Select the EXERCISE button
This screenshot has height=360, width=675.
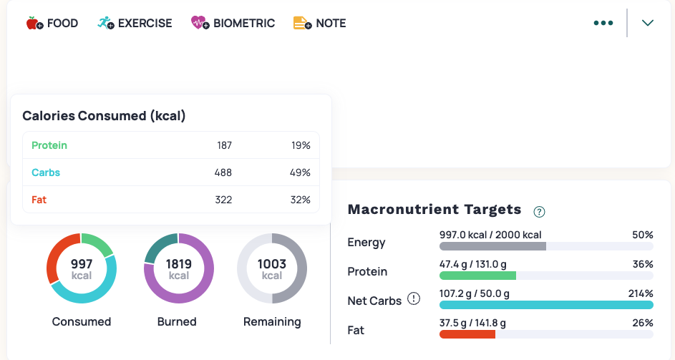(x=135, y=23)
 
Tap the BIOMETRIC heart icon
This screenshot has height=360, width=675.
(x=198, y=23)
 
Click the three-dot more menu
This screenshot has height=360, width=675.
(x=603, y=23)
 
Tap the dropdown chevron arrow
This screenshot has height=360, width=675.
(x=648, y=23)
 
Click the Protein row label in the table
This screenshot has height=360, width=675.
(x=49, y=145)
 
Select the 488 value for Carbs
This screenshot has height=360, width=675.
(x=223, y=172)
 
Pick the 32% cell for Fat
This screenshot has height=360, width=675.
(x=301, y=200)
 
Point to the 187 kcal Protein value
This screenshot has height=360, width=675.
(x=224, y=145)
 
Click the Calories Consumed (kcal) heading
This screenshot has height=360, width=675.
(x=104, y=116)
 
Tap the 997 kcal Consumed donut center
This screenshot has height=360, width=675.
(x=82, y=269)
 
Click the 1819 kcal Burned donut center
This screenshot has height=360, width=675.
(x=179, y=269)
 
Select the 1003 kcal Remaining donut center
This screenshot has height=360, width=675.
(x=272, y=269)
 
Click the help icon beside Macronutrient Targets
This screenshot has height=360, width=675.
(x=540, y=211)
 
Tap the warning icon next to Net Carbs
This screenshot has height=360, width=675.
(x=414, y=299)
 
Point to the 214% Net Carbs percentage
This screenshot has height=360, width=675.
(x=641, y=293)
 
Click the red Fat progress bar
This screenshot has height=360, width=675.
(x=467, y=334)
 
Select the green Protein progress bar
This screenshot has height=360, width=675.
(x=477, y=276)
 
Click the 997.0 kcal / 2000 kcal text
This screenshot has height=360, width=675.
(x=490, y=235)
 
